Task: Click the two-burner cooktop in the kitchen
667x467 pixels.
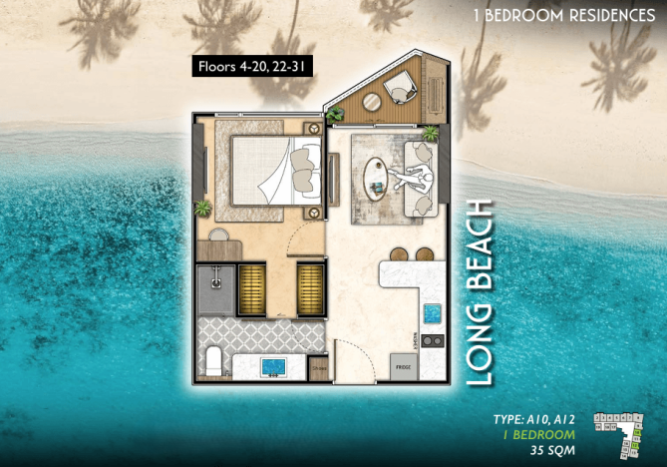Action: click(x=432, y=341)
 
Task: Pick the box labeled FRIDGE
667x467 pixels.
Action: click(x=403, y=366)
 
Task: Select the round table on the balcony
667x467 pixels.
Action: click(x=370, y=101)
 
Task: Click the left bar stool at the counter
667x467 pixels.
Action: click(x=399, y=253)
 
